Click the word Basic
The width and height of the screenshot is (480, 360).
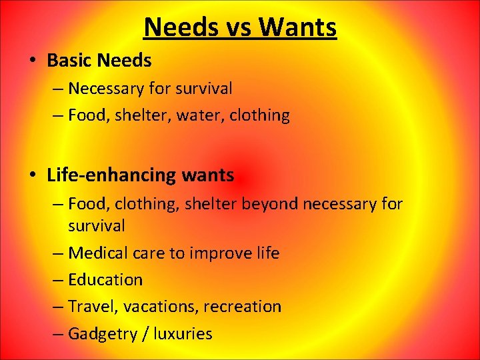[69, 61]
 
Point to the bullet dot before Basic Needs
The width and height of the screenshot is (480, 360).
[33, 61]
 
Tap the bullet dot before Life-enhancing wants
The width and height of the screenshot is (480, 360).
[33, 175]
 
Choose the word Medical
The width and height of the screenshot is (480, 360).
[97, 253]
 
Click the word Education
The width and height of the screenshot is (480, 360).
[105, 280]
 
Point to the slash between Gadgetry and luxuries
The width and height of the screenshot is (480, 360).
[146, 333]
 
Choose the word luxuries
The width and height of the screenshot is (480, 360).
[183, 333]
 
